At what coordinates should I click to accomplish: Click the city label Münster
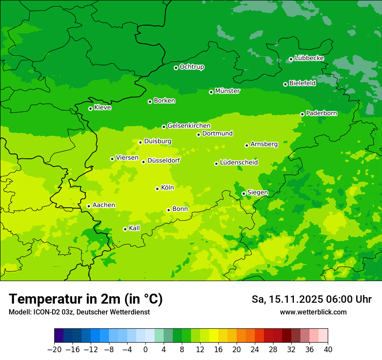pos(227,91)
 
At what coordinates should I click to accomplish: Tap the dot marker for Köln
pos(157,189)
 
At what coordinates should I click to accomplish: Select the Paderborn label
pos(321,113)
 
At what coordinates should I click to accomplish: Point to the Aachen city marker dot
pos(89,206)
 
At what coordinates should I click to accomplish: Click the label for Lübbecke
pos(309,58)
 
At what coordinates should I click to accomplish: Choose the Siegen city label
pos(257,193)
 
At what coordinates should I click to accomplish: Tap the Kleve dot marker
pos(90,108)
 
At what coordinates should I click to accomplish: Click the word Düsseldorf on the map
pos(163,160)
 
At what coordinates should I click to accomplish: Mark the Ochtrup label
pos(191,67)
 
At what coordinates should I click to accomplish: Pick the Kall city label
pos(134,228)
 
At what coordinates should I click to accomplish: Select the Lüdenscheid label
pos(239,163)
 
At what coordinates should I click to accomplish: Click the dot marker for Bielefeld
pos(285,84)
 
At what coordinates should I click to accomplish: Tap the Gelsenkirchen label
pos(189,126)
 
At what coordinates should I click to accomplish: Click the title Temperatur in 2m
pos(86,299)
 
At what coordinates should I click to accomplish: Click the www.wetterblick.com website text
pos(313,312)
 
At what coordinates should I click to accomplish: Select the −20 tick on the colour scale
pos(54,350)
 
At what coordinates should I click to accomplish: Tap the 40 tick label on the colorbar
pos(328,350)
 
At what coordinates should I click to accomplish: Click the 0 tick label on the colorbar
pos(145,350)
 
